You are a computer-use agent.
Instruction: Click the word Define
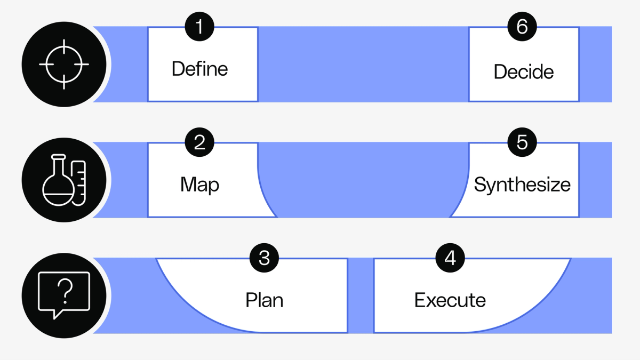(199, 69)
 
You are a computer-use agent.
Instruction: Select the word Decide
(523, 72)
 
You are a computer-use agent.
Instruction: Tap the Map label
(199, 185)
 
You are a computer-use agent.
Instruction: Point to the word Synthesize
(522, 185)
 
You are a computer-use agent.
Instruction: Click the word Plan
(264, 300)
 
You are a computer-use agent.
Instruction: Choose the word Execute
(450, 300)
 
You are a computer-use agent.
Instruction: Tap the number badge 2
(199, 142)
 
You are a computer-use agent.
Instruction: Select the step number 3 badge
(264, 258)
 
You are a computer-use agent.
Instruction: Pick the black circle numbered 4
(450, 258)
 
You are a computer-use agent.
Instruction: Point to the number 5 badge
(522, 142)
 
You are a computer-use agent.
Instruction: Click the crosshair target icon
(64, 64)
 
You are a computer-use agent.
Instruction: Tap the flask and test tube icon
(64, 180)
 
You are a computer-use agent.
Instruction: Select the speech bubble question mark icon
(64, 295)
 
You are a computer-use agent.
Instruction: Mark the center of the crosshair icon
(64, 64)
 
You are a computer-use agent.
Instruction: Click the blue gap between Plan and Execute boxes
(361, 295)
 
